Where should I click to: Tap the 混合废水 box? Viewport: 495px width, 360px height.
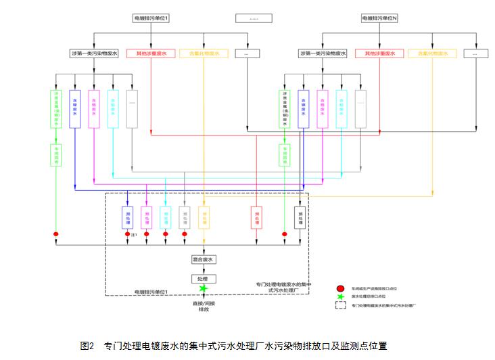click(x=204, y=259)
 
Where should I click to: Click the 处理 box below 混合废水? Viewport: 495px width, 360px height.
click(x=203, y=279)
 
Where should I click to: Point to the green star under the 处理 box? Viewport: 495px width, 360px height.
click(x=203, y=289)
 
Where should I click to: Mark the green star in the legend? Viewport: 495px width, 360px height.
click(x=341, y=296)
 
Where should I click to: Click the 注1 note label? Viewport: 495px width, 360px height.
click(x=135, y=235)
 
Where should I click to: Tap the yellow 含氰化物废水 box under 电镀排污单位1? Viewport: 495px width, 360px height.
click(x=204, y=53)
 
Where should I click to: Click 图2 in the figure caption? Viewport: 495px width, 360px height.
click(x=87, y=346)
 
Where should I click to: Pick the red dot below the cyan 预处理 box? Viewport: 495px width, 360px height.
click(x=166, y=234)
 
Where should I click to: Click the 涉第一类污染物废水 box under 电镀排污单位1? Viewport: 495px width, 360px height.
click(x=94, y=53)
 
